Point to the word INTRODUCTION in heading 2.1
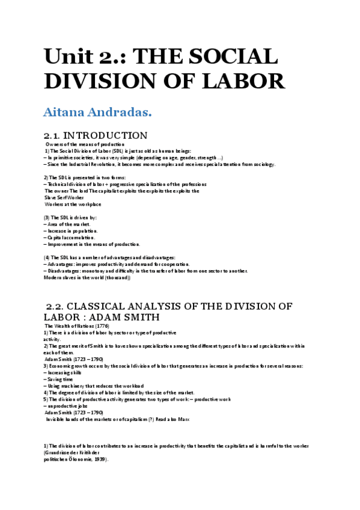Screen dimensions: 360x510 click(x=105, y=136)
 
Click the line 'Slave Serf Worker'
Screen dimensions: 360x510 click(x=64, y=197)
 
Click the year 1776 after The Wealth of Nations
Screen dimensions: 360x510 click(x=102, y=326)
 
